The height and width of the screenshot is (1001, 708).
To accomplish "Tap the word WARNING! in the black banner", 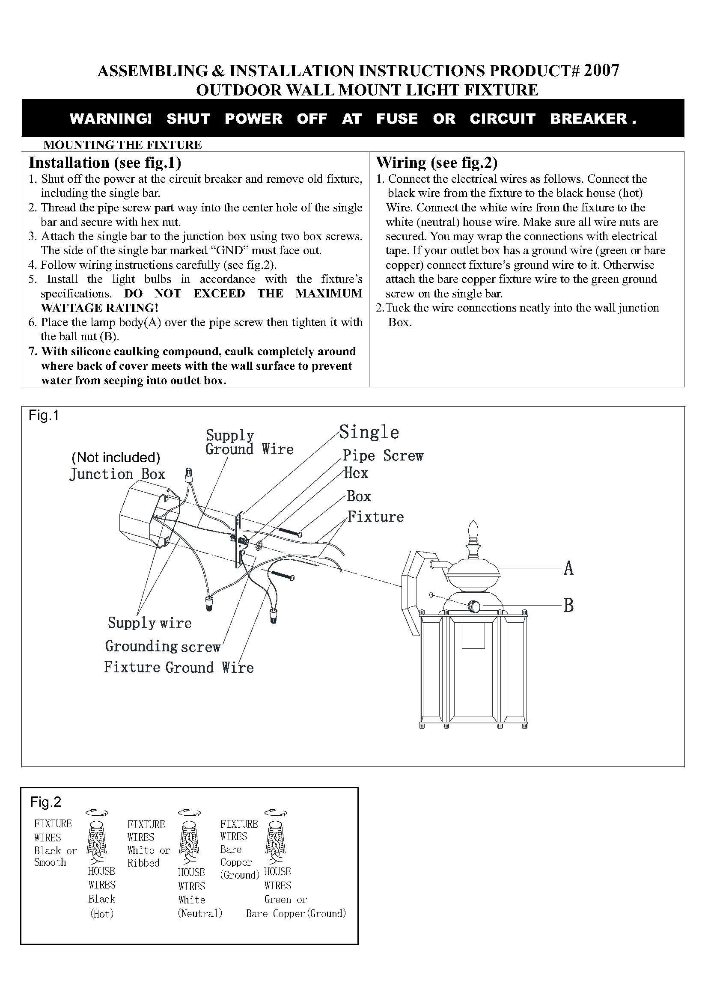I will (111, 119).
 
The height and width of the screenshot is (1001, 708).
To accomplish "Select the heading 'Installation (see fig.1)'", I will (105, 163).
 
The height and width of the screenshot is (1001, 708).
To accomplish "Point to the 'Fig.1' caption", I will (44, 416).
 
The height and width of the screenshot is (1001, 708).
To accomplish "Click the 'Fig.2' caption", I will (46, 802).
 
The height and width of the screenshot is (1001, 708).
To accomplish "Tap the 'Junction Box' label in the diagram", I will (118, 474).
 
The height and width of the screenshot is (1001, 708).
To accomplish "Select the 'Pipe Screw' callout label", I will (383, 456).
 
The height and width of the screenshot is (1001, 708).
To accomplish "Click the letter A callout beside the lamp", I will (568, 568).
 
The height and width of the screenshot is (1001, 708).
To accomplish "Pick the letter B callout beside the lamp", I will (568, 605).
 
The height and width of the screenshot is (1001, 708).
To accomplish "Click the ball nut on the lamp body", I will (473, 606).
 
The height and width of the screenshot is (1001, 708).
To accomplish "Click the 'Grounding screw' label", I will (163, 646).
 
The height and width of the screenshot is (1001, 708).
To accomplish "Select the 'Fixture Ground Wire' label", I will (179, 668).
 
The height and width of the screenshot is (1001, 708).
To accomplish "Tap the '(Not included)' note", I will (116, 457).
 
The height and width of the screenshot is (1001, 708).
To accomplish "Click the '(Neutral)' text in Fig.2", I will (200, 913).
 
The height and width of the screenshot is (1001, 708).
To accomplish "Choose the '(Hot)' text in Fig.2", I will (101, 914).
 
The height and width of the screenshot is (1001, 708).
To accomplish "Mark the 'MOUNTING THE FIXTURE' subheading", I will (123, 145).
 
